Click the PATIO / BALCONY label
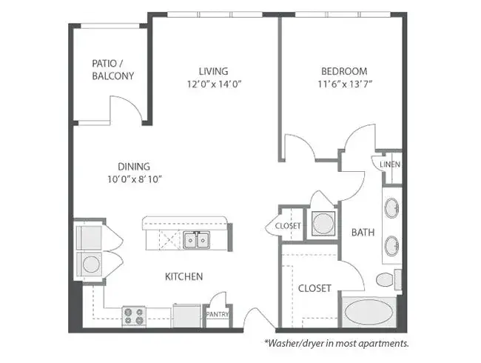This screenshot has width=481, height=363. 113,70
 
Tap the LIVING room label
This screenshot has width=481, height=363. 214,71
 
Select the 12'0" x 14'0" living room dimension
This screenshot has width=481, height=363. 215,84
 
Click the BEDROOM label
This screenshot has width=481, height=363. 344,71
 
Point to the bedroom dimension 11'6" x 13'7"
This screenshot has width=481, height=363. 345,84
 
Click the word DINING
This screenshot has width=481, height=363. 134,167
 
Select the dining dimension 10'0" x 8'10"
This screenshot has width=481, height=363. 135,179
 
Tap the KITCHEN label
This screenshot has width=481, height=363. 184,276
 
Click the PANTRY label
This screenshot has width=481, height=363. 218,315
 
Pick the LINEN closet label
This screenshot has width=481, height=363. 390,164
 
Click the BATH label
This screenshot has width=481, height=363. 363,232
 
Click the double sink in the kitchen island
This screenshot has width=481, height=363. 197,240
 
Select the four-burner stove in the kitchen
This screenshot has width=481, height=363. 134,316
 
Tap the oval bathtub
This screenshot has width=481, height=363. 369,313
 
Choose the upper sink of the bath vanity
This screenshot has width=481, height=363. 391,208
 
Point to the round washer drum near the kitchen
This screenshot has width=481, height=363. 91,264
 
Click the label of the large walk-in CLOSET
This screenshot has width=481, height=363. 314,288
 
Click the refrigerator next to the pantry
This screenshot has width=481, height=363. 186,316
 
